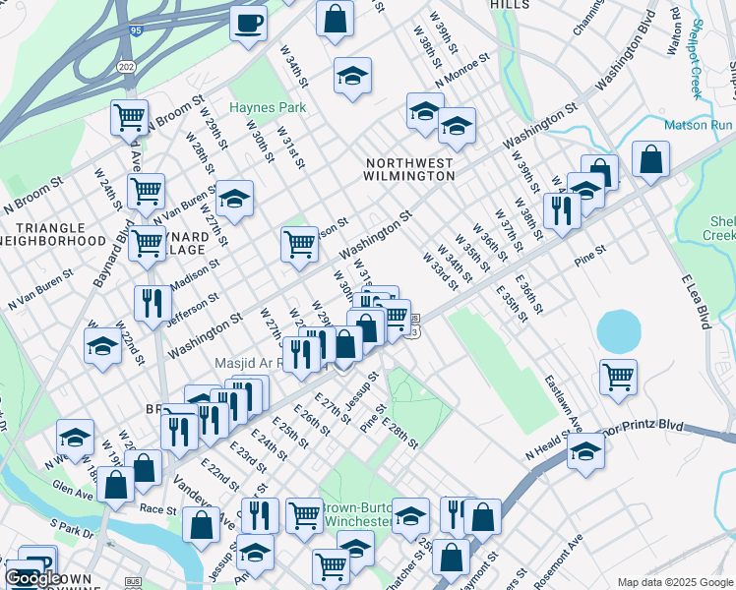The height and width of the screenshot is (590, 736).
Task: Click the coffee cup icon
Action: pyautogui.click(x=248, y=22)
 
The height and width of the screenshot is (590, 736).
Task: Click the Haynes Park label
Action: pyautogui.click(x=268, y=107)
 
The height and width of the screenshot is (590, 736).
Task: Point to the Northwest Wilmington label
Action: pyautogui.click(x=409, y=169)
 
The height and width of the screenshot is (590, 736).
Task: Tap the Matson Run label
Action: pyautogui.click(x=699, y=126)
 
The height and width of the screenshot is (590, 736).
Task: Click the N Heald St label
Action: pyautogui.click(x=556, y=446)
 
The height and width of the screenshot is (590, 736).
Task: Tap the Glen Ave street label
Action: pyautogui.click(x=74, y=489)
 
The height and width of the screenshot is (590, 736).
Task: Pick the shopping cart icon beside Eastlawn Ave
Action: pyautogui.click(x=618, y=375)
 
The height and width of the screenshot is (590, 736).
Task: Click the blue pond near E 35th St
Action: pyautogui.click(x=618, y=331)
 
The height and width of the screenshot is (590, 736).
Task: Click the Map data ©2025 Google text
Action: pyautogui.click(x=674, y=582)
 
